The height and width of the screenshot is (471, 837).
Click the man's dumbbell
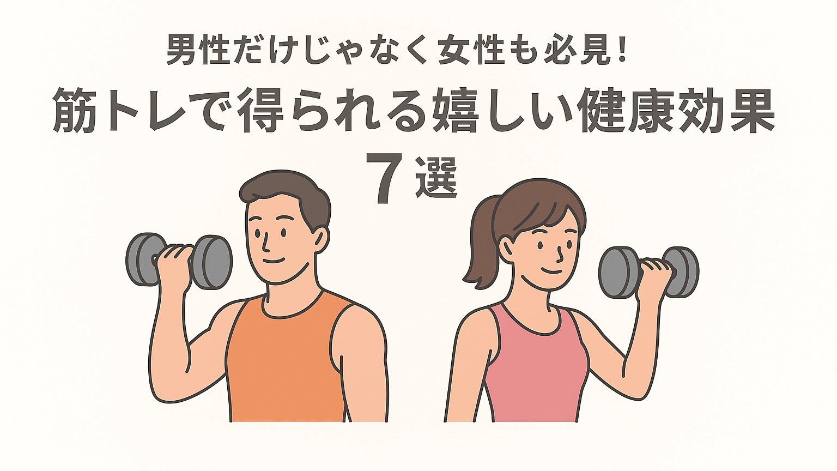(179, 261)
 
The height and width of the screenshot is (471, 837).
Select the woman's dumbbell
(648, 272)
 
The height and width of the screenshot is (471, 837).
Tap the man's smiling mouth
(274, 260)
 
